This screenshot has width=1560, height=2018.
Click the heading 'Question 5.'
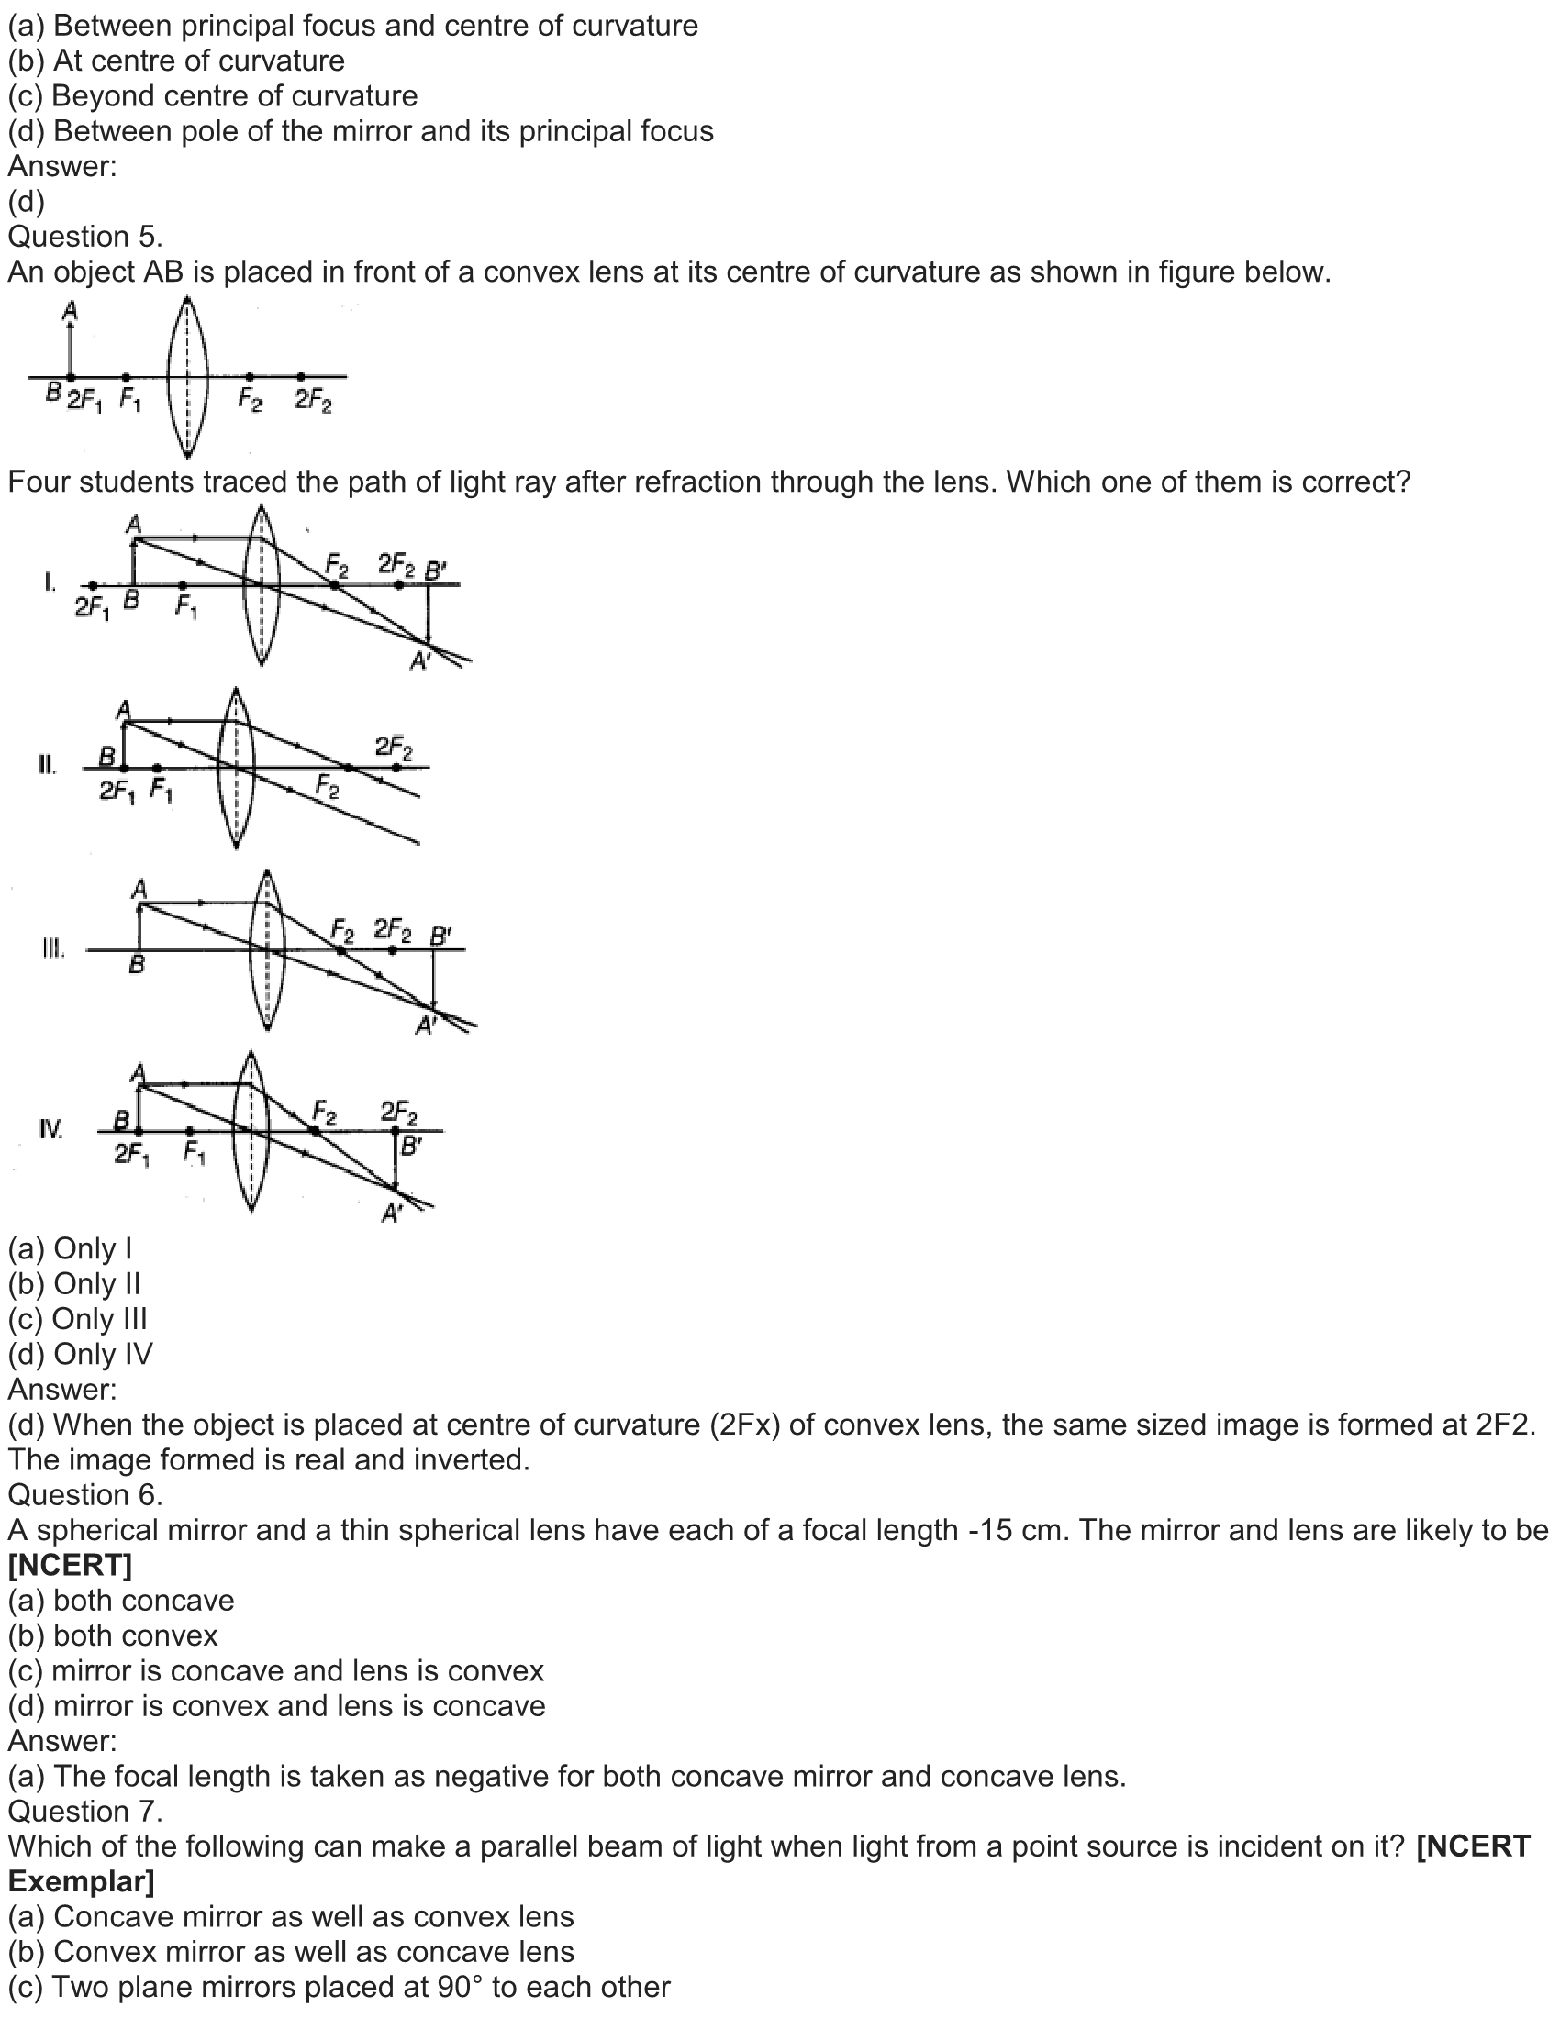pos(85,238)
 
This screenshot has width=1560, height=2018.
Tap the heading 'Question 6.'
pos(85,1495)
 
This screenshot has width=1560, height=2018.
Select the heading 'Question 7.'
pos(85,1811)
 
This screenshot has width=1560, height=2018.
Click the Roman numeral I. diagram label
pos(50,582)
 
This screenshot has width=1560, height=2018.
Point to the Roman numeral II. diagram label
pos(47,765)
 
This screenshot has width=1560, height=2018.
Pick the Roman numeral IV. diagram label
pos(50,1129)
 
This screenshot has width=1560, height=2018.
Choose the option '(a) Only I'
pos(71,1248)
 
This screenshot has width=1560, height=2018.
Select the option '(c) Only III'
pos(78,1318)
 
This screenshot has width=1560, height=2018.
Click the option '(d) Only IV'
pos(81,1354)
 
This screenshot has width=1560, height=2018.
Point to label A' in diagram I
pos(420,661)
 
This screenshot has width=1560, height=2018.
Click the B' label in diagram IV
pos(410,1147)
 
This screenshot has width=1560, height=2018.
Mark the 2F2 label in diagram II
pos(394,746)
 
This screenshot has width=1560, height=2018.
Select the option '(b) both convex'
pos(113,1635)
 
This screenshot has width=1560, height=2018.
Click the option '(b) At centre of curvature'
pos(176,61)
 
